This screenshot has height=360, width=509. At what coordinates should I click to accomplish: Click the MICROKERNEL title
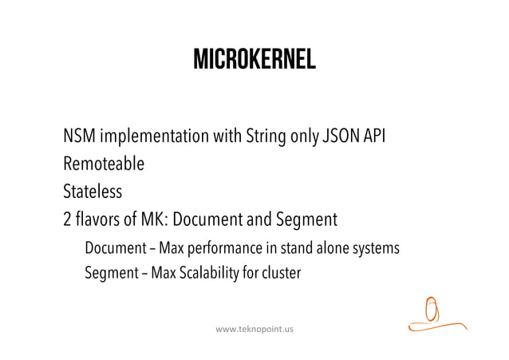[x=254, y=59]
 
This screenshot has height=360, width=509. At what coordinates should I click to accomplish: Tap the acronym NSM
[x=80, y=136]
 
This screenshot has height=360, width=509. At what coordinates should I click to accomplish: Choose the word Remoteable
[x=104, y=164]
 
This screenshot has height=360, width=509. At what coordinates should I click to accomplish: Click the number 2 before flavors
[x=68, y=219]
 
